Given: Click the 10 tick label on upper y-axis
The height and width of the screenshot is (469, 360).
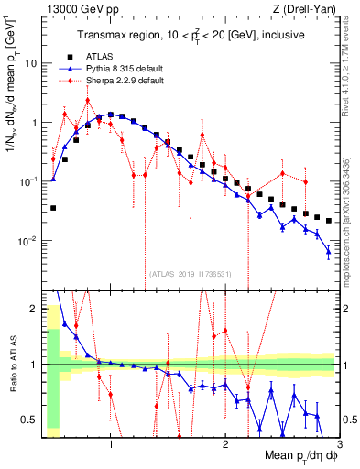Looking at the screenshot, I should click(x=30, y=63).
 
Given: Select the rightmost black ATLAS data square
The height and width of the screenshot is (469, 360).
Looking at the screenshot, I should click(x=328, y=221).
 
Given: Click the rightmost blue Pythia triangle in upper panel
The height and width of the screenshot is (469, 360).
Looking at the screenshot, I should click(x=328, y=252).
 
